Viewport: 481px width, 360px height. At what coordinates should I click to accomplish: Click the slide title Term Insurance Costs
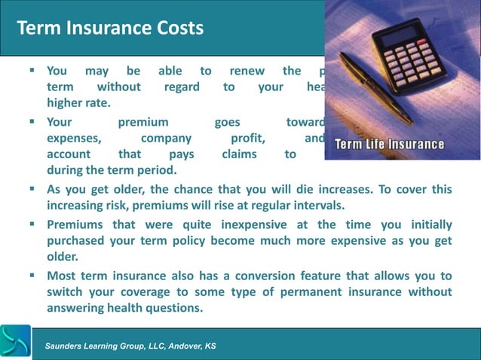pyautogui.click(x=110, y=29)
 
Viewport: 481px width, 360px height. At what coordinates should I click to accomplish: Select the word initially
pyautogui.click(x=427, y=224)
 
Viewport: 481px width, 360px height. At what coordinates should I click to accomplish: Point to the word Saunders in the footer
pyautogui.click(x=67, y=346)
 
